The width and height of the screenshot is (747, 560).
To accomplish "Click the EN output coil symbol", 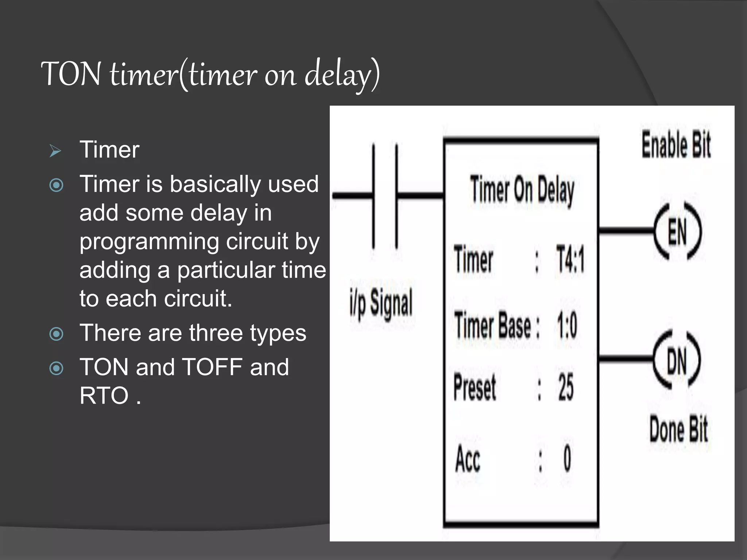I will coord(677,231).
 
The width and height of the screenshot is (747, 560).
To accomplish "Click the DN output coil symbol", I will coord(677,360).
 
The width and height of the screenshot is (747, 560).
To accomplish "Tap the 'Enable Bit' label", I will coord(676,145).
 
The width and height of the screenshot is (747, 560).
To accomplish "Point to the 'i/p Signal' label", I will coord(381,303).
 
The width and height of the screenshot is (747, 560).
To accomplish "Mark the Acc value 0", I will coord(567,459).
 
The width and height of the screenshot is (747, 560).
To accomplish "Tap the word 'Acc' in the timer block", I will coord(468,459).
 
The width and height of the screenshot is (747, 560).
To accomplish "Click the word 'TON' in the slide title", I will coord(71,74).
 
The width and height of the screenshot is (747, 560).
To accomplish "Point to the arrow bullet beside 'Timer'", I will coord(55,151).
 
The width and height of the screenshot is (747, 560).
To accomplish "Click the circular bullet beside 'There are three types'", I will coord(56,334).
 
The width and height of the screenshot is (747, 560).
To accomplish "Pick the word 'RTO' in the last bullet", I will coord(104,396).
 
